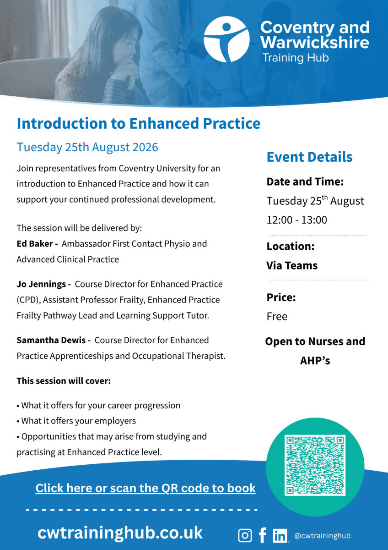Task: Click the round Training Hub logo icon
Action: click(x=226, y=39)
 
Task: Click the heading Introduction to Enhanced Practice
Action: click(x=139, y=123)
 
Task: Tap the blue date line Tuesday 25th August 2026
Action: click(x=87, y=147)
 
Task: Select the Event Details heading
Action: click(x=309, y=157)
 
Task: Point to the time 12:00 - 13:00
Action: click(x=296, y=220)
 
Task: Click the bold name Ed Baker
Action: click(x=35, y=243)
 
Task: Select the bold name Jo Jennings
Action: click(x=41, y=284)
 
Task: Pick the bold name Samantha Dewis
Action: click(x=51, y=340)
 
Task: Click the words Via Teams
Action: click(x=292, y=265)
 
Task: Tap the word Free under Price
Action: click(x=277, y=317)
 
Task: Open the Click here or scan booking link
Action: click(x=145, y=488)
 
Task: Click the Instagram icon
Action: click(x=245, y=535)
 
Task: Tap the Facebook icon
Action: click(x=263, y=535)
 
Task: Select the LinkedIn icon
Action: click(x=280, y=535)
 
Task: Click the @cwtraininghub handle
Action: click(x=322, y=535)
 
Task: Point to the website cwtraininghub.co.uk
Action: click(x=120, y=533)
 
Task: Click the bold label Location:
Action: click(x=291, y=246)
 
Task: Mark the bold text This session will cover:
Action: click(x=64, y=381)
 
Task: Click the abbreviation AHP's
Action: click(x=315, y=361)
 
